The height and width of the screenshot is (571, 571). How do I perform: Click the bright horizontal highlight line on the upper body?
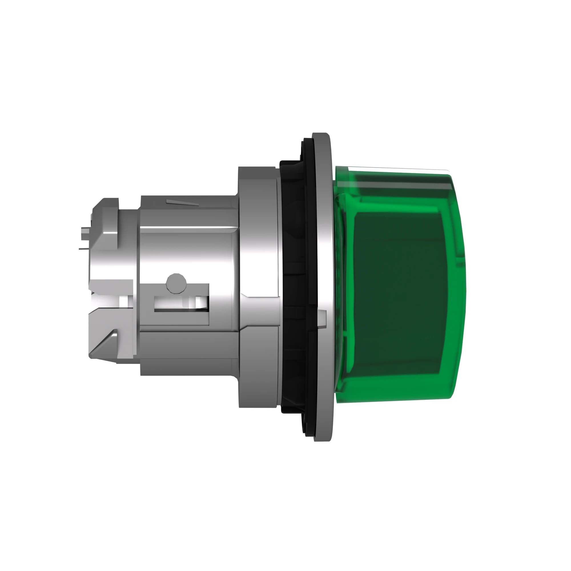[x=189, y=232]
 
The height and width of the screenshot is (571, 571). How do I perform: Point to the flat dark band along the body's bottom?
[x=189, y=367]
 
